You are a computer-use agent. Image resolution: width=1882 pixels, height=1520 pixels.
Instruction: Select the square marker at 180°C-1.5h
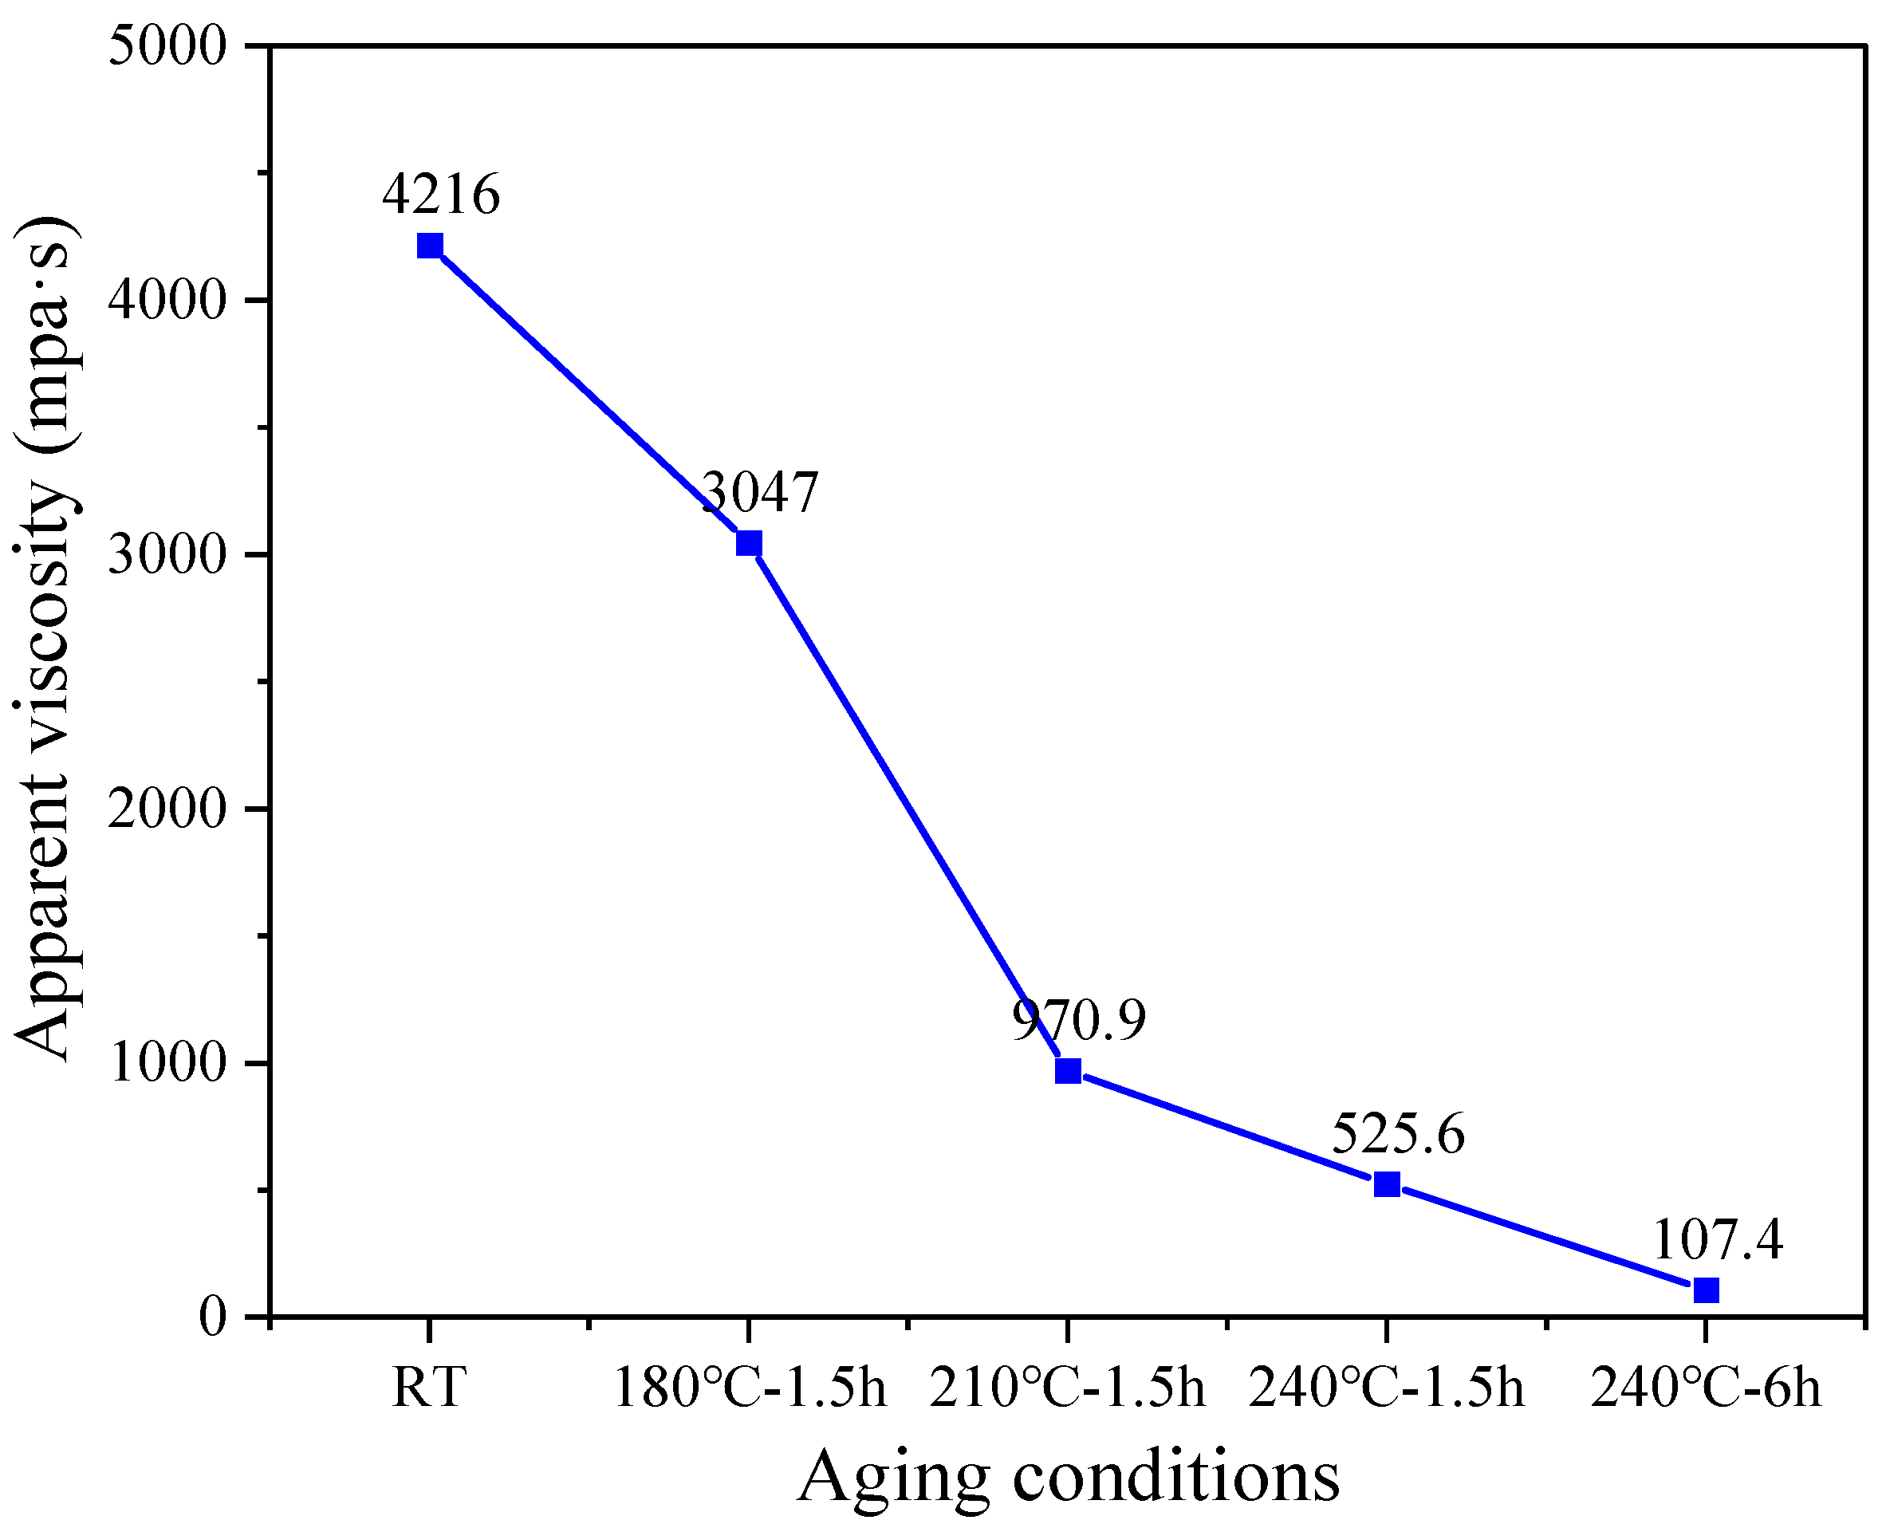(x=749, y=543)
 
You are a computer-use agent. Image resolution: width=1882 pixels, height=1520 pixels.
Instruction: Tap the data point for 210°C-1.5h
(x=1068, y=1070)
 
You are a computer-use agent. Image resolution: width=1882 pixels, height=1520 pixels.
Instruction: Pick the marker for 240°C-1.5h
(x=1387, y=1183)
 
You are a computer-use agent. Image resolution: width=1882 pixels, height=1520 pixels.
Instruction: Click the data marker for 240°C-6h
(x=1706, y=1290)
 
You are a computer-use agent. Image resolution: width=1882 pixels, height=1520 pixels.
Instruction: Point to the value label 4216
(x=441, y=194)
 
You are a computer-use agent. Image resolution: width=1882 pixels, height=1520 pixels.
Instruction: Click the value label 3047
(x=760, y=492)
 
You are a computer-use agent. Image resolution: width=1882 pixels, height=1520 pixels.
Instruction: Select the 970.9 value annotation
(x=1078, y=1019)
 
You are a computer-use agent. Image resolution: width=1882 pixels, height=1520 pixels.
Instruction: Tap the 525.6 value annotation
(x=1398, y=1134)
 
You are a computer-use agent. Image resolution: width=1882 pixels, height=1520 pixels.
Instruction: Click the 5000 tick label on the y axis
(x=167, y=45)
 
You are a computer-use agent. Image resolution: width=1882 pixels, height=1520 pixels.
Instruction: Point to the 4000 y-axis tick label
(x=167, y=301)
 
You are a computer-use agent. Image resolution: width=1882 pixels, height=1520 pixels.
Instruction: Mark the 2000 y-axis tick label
(x=167, y=809)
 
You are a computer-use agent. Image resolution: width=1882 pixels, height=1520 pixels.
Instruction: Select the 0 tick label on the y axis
(x=214, y=1316)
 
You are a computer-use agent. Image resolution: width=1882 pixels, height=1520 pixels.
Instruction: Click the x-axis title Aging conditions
(x=1068, y=1476)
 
